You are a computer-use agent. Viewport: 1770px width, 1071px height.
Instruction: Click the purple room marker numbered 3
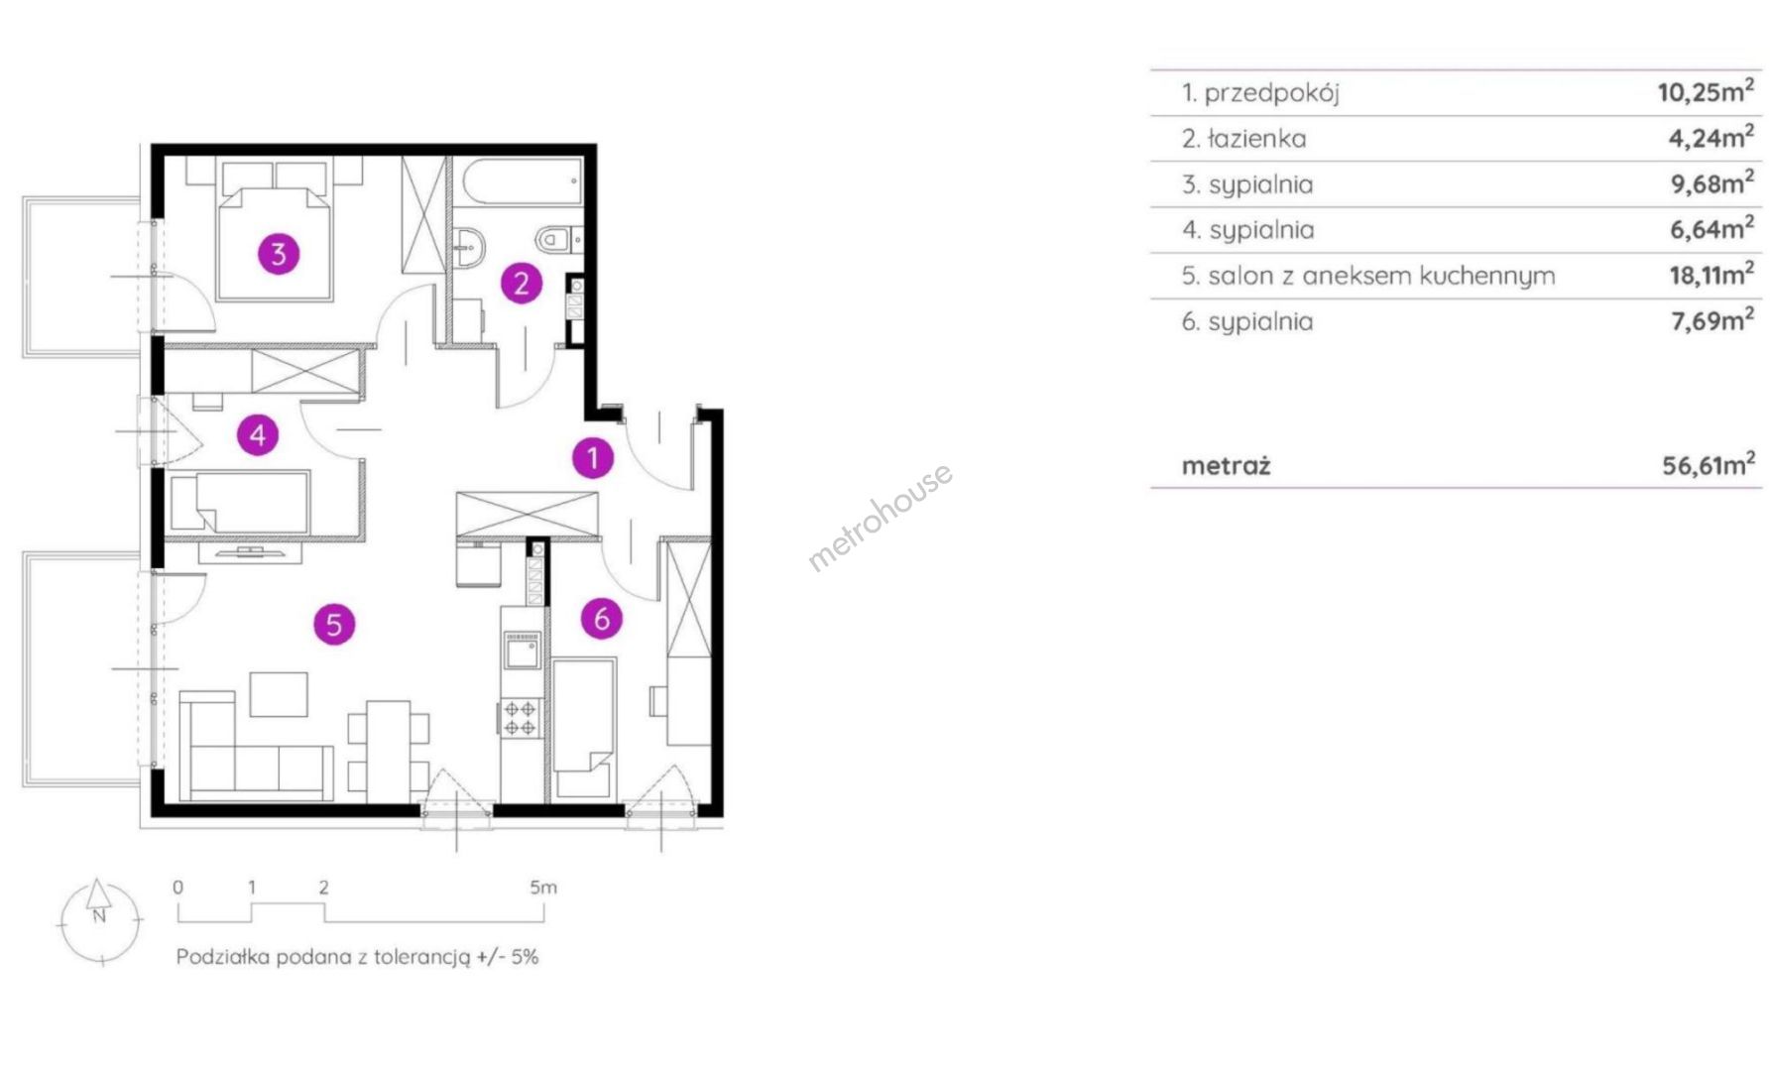pos(279,254)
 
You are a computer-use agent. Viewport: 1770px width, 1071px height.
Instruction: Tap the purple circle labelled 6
pos(601,619)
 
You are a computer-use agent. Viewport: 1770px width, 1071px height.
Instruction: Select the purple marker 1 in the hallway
pos(593,457)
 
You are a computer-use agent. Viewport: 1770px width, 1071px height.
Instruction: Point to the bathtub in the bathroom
pos(522,182)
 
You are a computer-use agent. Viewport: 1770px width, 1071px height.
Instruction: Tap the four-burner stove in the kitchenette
pos(521,718)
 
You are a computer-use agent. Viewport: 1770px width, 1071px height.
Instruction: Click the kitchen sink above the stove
pos(522,651)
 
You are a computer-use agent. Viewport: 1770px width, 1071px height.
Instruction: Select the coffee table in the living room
pos(279,694)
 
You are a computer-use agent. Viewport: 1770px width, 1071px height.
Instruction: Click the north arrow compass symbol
pos(99,920)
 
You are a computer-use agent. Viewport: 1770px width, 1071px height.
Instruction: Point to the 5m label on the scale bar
pos(543,888)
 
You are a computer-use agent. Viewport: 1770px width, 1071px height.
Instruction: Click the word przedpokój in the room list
pos(1272,94)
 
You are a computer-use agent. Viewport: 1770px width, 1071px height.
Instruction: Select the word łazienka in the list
pos(1256,139)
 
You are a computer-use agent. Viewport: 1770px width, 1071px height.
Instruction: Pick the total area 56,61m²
pos(1709,464)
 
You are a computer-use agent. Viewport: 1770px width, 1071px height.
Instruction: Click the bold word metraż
pos(1226,465)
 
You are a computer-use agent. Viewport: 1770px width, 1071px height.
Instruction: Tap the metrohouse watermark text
pos(881,517)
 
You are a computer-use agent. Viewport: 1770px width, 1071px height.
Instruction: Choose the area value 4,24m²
pos(1711,137)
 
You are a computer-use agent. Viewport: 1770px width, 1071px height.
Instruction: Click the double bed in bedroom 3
pos(275,229)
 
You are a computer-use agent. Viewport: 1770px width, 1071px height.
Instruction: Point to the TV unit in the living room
pos(250,552)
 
